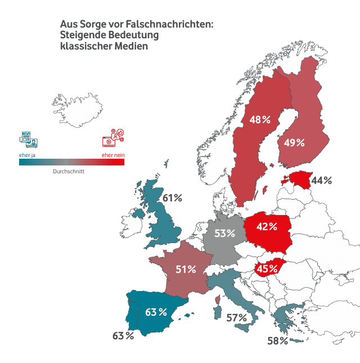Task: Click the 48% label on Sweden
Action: tap(260, 120)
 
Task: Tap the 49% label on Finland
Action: tap(294, 142)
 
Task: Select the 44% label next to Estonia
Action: tap(322, 181)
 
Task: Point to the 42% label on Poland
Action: tap(267, 227)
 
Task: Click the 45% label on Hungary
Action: tap(268, 268)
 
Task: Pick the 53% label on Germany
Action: tap(224, 233)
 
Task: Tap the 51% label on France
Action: tap(186, 270)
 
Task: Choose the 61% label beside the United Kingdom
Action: tap(172, 198)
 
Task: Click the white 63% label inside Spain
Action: tap(156, 311)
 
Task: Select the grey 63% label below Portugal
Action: tap(123, 336)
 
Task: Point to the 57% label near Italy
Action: tap(236, 318)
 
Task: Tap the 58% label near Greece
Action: tap(277, 340)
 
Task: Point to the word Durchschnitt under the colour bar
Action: tap(69, 171)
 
